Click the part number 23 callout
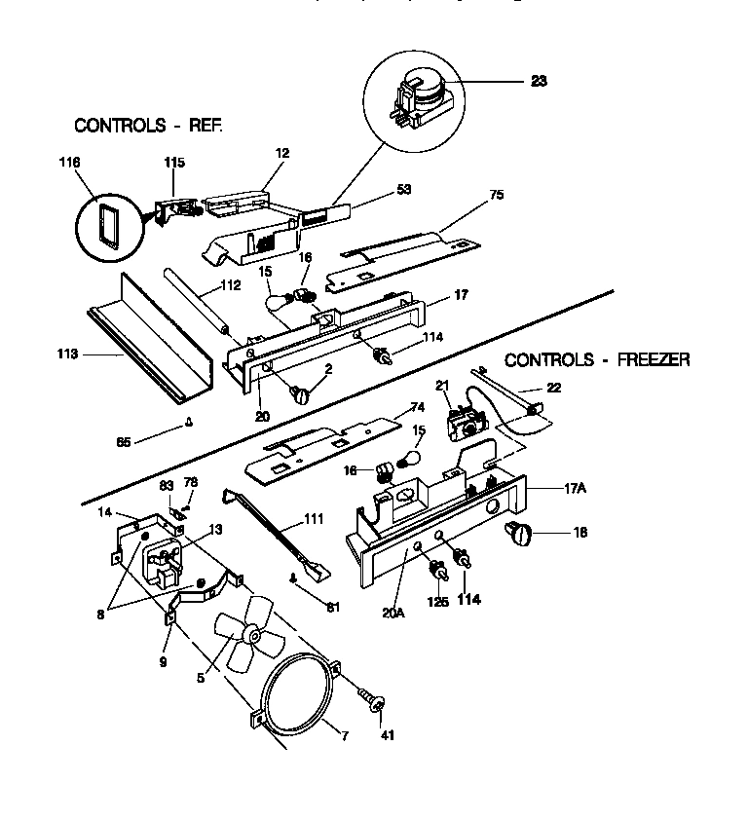point(539,82)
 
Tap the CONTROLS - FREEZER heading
point(597,359)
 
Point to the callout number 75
point(496,195)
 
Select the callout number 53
point(402,189)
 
